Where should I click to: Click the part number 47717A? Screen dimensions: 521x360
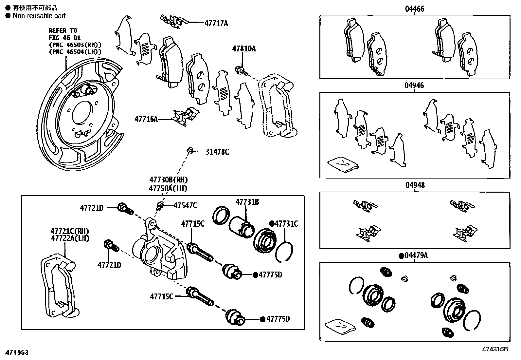pyautogui.click(x=216, y=23)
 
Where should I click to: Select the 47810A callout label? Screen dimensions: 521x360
pyautogui.click(x=244, y=48)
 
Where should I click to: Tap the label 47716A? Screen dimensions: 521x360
pyautogui.click(x=146, y=119)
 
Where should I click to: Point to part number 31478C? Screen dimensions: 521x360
pyautogui.click(x=217, y=152)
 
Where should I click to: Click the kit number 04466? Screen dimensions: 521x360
pyautogui.click(x=414, y=9)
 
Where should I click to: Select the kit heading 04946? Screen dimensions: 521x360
pyautogui.click(x=414, y=85)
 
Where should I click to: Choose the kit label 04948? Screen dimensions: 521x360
pyautogui.click(x=415, y=185)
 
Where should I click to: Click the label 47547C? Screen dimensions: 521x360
pyautogui.click(x=185, y=205)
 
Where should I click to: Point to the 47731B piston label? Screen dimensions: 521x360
pyautogui.click(x=247, y=202)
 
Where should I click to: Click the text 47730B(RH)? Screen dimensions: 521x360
pyautogui.click(x=169, y=180)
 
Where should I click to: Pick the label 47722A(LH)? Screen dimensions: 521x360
pyautogui.click(x=70, y=238)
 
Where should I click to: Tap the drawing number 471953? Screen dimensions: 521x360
pyautogui.click(x=17, y=352)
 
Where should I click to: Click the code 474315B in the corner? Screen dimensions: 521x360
pyautogui.click(x=495, y=349)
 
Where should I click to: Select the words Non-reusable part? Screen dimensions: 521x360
pyautogui.click(x=39, y=16)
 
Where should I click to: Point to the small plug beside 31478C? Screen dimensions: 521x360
pyautogui.click(x=190, y=150)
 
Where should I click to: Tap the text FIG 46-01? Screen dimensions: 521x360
pyautogui.click(x=64, y=38)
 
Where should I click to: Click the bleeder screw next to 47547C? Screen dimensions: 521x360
pyautogui.click(x=160, y=206)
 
